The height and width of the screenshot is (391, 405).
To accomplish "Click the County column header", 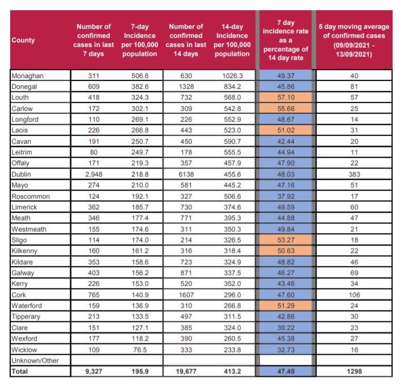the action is [x=23, y=40].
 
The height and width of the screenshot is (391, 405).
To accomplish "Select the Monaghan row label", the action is [x=27, y=76].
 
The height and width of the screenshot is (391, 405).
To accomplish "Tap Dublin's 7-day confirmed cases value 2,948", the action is [x=93, y=174].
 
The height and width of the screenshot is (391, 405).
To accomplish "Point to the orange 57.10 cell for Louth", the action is [x=285, y=97].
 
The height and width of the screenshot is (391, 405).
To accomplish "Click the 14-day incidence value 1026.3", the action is [x=232, y=76].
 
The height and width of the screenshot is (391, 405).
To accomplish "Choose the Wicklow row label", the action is [x=24, y=350].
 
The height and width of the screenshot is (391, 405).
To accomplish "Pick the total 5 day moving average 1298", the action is [x=354, y=371].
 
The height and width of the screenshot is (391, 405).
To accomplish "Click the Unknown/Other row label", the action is [x=35, y=360].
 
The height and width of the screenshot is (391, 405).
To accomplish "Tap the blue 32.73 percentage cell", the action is [x=285, y=350].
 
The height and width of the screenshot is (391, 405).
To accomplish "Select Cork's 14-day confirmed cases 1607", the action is [x=186, y=295].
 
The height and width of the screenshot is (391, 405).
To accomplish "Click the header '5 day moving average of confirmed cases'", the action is [x=354, y=40].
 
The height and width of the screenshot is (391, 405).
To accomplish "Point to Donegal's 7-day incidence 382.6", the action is [x=140, y=87].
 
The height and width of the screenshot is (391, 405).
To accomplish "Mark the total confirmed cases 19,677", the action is [x=186, y=371].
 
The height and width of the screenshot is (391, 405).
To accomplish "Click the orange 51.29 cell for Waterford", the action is [x=285, y=306].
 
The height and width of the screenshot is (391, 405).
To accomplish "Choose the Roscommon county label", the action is [x=31, y=196].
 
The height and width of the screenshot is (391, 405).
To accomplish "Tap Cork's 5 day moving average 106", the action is [x=354, y=295].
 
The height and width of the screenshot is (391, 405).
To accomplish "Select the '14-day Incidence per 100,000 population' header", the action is [x=232, y=40].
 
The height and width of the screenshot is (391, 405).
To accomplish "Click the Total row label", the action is [x=20, y=371].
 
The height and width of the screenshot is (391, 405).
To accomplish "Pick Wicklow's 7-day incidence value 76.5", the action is [x=140, y=350].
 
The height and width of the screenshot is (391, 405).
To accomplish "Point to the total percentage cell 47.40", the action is [x=285, y=371].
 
